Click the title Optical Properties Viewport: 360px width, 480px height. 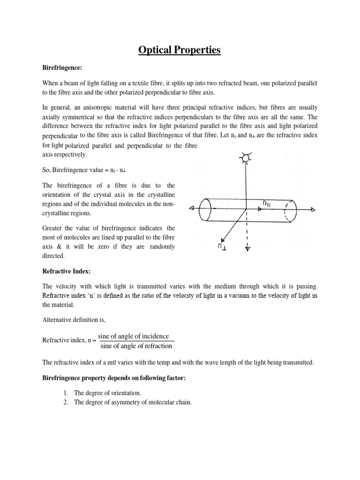[180, 50]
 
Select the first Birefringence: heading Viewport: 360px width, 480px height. [62, 68]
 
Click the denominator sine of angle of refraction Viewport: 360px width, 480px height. [136, 346]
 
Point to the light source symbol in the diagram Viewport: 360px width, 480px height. [246, 158]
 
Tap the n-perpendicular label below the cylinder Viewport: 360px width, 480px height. [220, 245]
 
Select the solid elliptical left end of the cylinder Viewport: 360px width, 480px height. [205, 209]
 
